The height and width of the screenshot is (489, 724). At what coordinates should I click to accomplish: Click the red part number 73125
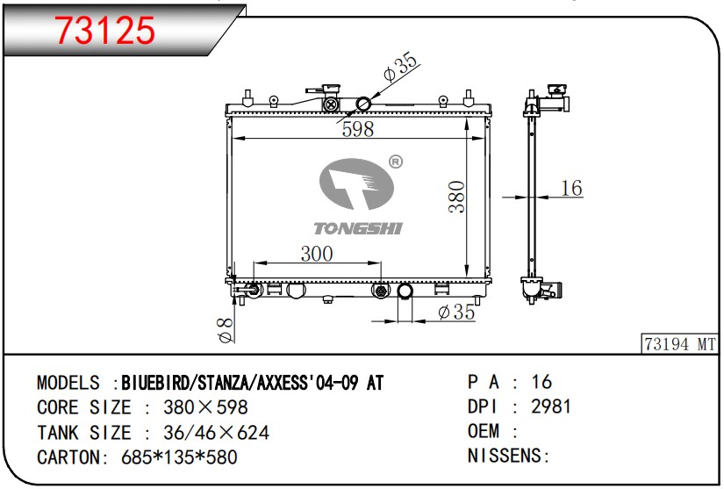coord(105,31)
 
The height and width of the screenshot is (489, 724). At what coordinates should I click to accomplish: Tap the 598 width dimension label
coord(358,129)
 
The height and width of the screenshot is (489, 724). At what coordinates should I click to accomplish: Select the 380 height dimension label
coord(456,197)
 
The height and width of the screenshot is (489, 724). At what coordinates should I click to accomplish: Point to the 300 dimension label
coord(317,254)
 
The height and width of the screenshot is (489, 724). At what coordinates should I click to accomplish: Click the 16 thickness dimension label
coord(571,188)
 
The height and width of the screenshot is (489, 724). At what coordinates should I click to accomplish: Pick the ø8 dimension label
coord(226,331)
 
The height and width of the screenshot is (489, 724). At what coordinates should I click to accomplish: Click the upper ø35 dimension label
coord(400,67)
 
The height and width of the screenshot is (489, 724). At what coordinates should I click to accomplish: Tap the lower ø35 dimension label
coord(456,312)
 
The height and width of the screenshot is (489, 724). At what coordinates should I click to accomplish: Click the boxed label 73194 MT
coord(679,344)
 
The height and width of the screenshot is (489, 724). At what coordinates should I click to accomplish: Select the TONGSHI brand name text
coord(358,228)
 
